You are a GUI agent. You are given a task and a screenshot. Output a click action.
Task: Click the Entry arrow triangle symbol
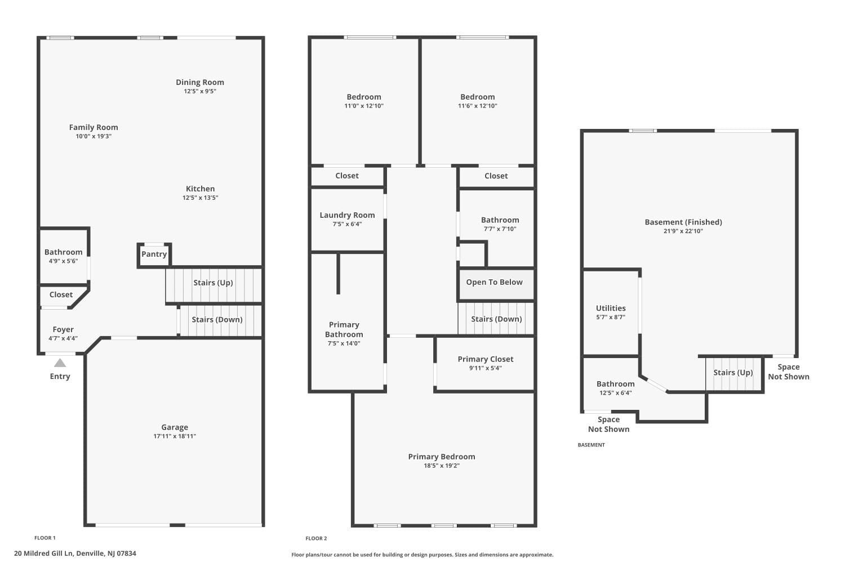(60, 363)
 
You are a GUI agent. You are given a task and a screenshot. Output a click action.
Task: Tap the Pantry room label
(154, 254)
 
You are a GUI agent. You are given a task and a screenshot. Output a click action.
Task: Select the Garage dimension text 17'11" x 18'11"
(175, 436)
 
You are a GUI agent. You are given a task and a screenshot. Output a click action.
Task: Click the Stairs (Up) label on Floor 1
(213, 283)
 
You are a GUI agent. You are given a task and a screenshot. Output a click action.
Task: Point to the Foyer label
(63, 329)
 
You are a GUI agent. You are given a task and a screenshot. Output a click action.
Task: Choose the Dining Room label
(200, 82)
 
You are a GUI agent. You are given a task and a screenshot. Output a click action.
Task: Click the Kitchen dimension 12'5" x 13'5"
(200, 198)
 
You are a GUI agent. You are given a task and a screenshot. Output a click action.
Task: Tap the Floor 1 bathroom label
(63, 252)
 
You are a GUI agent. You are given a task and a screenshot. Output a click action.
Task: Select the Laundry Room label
(347, 215)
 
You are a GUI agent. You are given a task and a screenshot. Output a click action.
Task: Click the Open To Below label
(494, 282)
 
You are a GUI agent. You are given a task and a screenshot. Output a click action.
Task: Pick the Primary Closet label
(485, 359)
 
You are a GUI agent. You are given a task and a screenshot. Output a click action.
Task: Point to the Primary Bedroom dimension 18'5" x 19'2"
(442, 466)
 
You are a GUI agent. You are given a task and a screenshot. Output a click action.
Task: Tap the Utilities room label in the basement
(611, 308)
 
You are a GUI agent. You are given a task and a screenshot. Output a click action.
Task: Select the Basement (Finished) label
(683, 222)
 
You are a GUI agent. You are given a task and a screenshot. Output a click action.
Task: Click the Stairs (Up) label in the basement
(733, 372)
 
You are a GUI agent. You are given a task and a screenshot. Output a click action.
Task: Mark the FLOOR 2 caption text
(316, 538)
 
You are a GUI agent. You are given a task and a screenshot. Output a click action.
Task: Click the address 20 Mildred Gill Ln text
(75, 553)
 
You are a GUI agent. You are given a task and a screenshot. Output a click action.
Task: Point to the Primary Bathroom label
(344, 329)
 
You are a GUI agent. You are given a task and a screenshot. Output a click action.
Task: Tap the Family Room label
(94, 127)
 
